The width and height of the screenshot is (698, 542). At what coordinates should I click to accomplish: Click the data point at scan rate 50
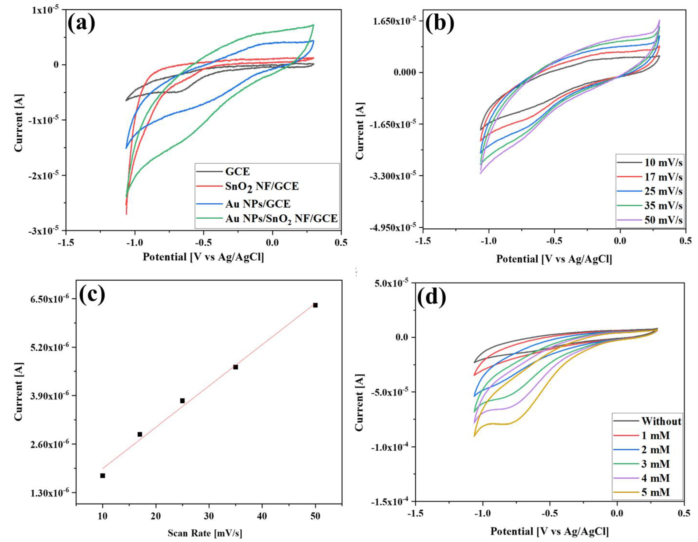315,305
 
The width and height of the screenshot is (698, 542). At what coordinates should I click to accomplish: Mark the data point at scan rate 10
103,476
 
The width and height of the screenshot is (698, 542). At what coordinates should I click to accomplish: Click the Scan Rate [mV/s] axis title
205,533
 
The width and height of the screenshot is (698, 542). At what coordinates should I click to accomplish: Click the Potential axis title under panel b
554,259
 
